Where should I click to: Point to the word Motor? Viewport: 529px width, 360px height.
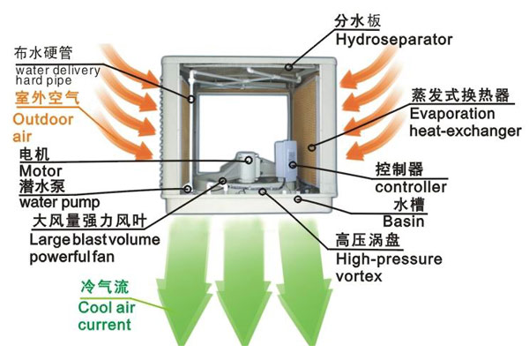[36, 170]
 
